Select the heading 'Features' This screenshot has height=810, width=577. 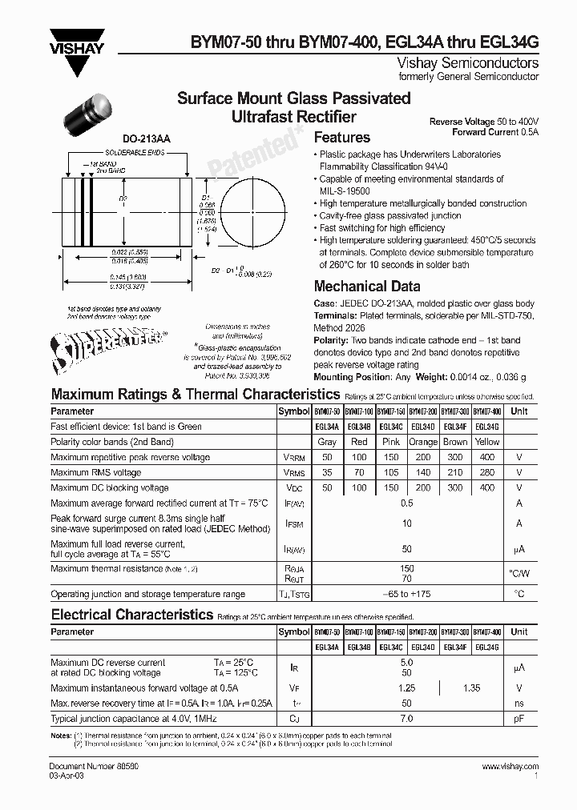pos(342,138)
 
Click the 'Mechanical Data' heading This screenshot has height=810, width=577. pos(367,286)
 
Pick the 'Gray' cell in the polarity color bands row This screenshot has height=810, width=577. pos(327,442)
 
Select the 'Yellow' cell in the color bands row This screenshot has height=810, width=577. pos(487,442)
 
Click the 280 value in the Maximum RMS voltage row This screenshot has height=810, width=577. pos(487,472)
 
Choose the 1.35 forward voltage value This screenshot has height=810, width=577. pos(473,688)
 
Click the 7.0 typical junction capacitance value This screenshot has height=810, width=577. pos(406,719)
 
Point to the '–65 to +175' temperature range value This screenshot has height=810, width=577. pos(406,594)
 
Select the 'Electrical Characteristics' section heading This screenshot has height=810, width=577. pos(132,615)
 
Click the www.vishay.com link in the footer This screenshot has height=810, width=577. pos(510,767)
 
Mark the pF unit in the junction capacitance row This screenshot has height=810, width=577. pos(519,719)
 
